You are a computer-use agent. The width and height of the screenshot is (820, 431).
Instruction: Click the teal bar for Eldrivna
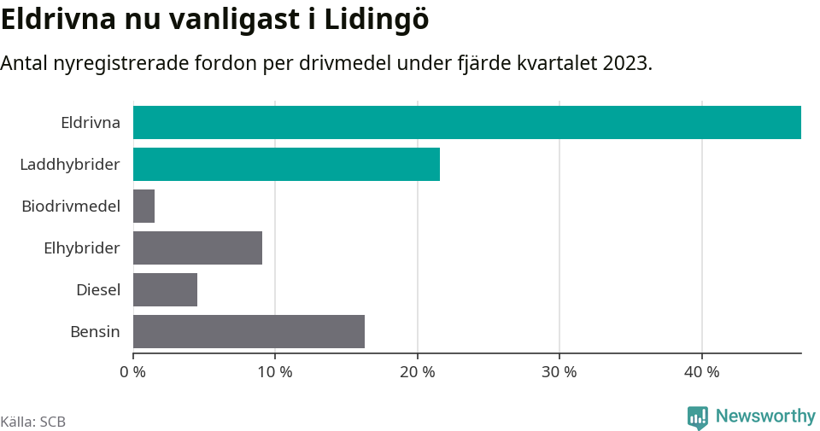click(466, 122)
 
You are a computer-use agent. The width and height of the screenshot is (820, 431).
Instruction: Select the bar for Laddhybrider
click(286, 164)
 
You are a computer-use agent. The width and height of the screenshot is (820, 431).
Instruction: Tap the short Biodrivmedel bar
click(143, 206)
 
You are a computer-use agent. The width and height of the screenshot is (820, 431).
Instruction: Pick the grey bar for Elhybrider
click(197, 248)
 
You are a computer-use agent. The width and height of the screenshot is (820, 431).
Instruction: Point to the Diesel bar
click(165, 289)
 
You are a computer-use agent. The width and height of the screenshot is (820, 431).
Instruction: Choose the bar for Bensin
click(249, 331)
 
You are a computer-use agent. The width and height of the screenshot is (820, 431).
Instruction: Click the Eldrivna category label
click(90, 122)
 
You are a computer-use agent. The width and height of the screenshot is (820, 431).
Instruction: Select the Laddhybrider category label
click(70, 164)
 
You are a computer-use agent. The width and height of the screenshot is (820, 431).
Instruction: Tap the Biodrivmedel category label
click(71, 206)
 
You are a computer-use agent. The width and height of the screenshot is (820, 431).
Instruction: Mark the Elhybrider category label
click(81, 248)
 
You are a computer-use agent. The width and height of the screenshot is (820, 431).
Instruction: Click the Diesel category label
click(97, 289)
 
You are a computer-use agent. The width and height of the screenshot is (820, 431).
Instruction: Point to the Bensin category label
click(95, 331)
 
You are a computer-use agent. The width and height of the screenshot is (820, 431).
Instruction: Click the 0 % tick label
click(133, 372)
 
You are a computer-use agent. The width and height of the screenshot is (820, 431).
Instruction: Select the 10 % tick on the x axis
click(275, 372)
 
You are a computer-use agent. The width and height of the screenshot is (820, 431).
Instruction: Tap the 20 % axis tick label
click(417, 372)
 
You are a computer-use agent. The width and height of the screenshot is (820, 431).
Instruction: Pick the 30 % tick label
click(559, 372)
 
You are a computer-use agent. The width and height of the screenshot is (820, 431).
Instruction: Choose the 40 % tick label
click(701, 372)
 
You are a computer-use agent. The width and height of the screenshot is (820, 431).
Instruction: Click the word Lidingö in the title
click(376, 20)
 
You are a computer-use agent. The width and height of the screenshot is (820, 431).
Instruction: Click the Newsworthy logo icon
click(698, 416)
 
